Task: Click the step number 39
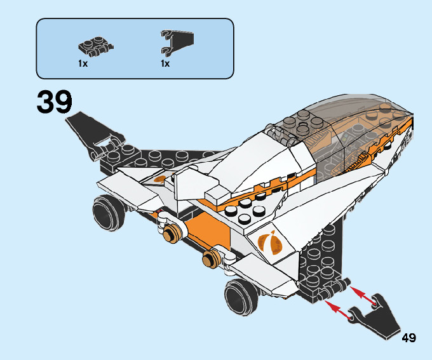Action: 55,102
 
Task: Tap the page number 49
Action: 408,338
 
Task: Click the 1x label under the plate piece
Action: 83,63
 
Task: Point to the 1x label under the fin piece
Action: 165,63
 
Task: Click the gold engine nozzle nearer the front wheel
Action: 209,258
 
